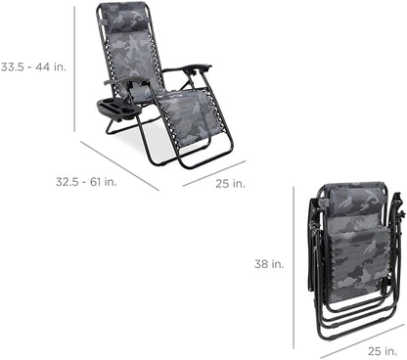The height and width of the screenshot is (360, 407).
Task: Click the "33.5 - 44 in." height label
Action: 32,67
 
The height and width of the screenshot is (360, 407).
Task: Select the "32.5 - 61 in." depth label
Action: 34,182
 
